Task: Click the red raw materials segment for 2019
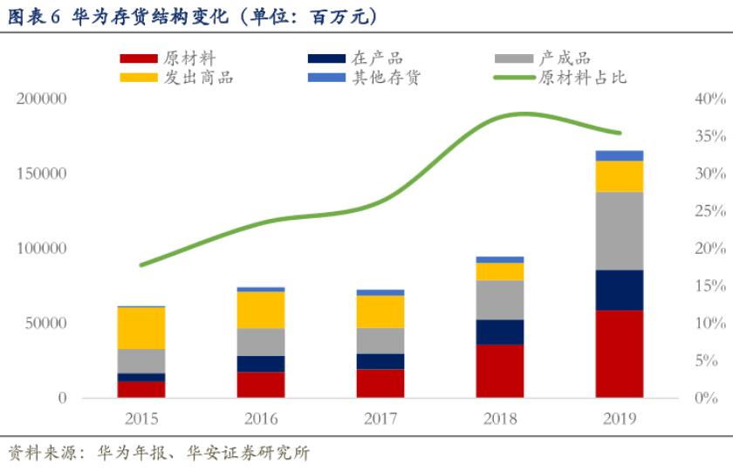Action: (620, 353)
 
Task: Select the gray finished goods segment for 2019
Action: (620, 230)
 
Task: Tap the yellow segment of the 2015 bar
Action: (141, 328)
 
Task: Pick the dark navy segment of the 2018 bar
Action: (500, 332)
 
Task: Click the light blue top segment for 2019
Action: (620, 155)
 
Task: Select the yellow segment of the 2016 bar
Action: (261, 310)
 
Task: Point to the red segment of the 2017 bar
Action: (380, 383)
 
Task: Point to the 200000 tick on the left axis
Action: (41, 99)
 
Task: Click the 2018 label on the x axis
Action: (500, 419)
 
